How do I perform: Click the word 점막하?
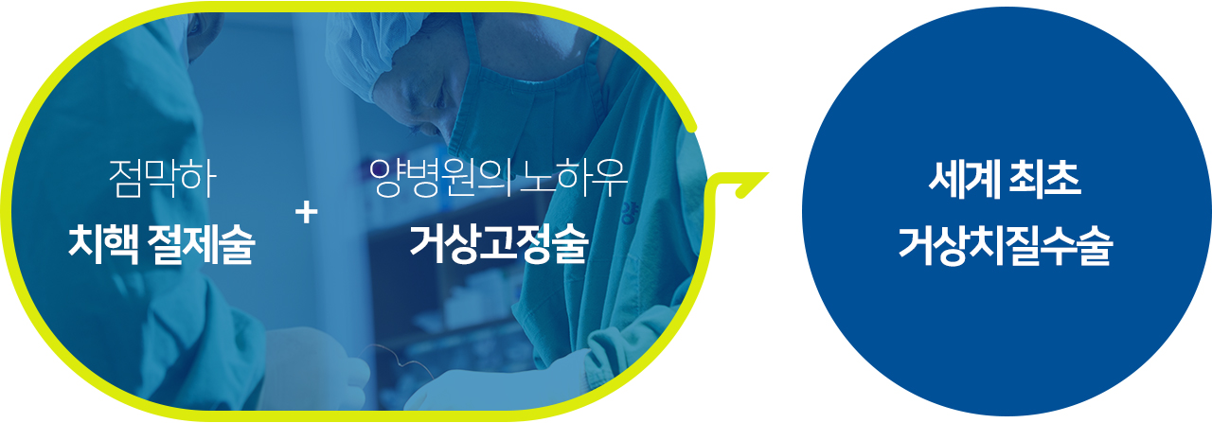click(x=162, y=179)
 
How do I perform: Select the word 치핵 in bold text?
click(x=103, y=244)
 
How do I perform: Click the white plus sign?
click(x=307, y=213)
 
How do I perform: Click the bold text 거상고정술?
click(x=499, y=244)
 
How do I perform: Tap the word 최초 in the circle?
click(x=1044, y=180)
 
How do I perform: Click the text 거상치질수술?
click(x=1005, y=246)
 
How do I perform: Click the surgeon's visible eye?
click(x=439, y=101)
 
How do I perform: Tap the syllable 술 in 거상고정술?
click(x=570, y=244)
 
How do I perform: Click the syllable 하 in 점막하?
click(x=199, y=179)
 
